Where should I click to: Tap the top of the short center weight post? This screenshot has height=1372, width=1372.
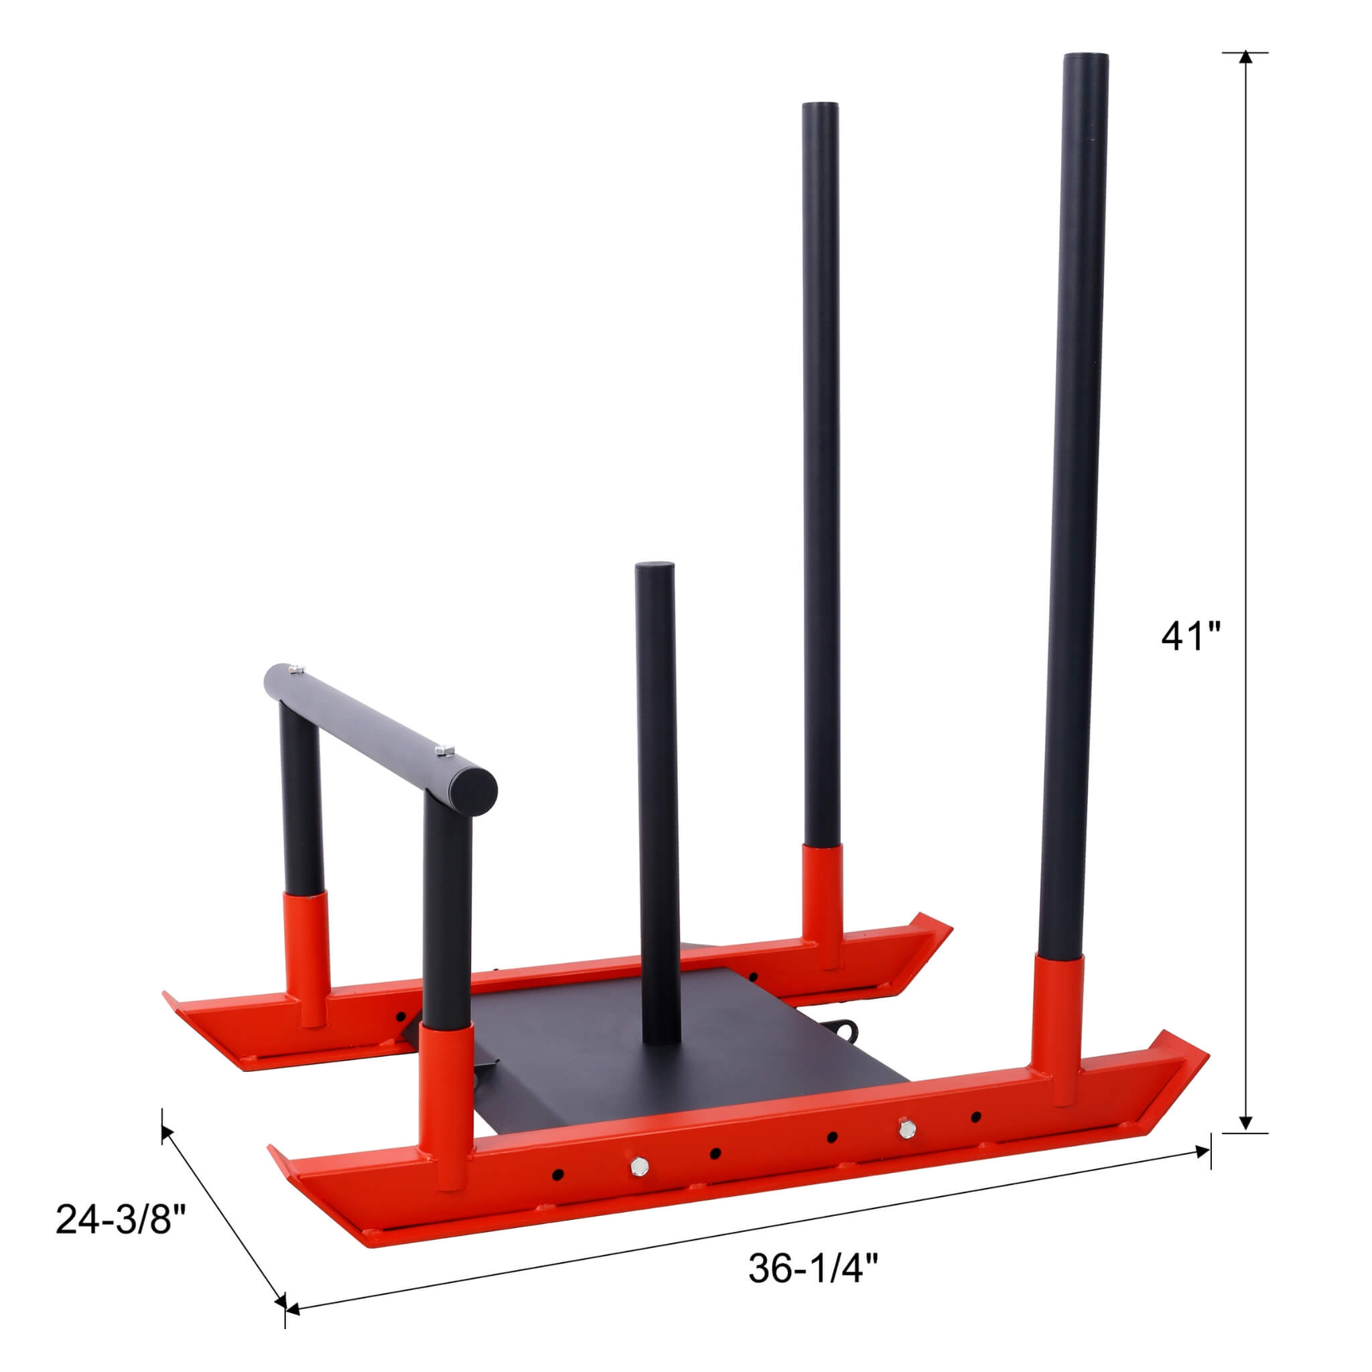click(x=655, y=566)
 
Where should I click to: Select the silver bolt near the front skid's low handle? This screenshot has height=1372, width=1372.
click(x=638, y=1164)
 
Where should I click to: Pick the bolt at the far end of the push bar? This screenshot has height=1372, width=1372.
click(x=295, y=668)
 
